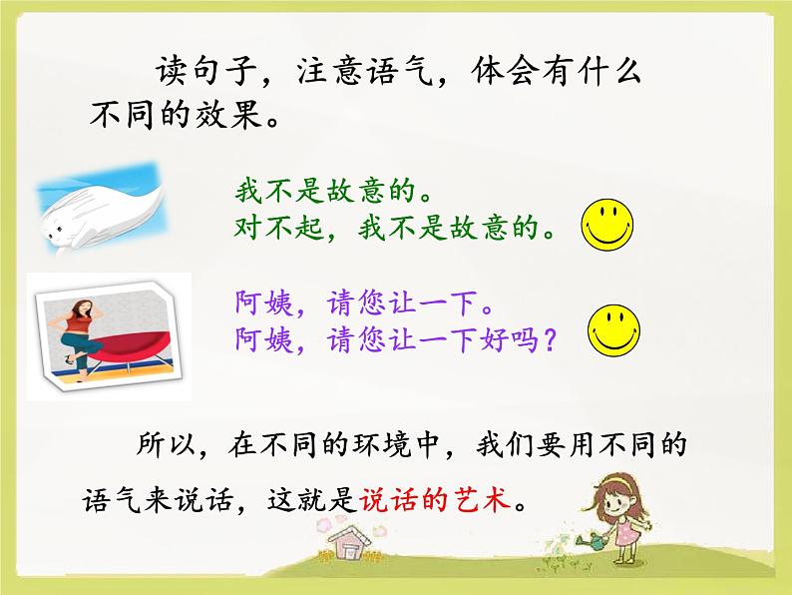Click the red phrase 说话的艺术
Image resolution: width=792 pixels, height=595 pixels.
click(440, 498)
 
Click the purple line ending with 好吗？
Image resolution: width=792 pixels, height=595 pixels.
click(395, 339)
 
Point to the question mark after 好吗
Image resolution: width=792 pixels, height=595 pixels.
click(545, 340)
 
